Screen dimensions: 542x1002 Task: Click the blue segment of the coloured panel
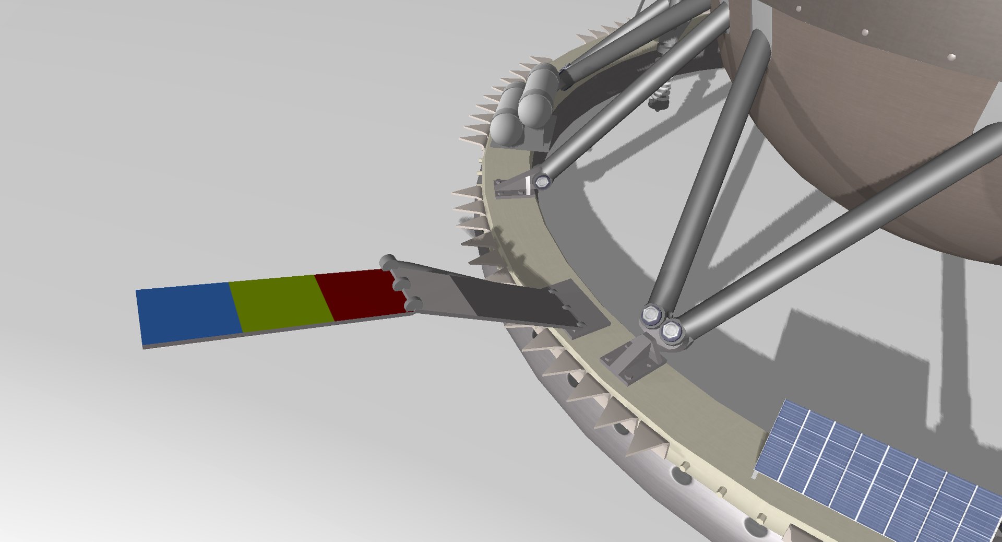(x=188, y=313)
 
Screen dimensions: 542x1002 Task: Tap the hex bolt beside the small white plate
(x=543, y=182)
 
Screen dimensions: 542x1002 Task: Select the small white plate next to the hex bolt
(x=528, y=185)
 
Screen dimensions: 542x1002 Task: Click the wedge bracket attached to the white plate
(x=511, y=188)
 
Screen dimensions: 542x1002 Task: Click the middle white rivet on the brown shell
(x=864, y=32)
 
